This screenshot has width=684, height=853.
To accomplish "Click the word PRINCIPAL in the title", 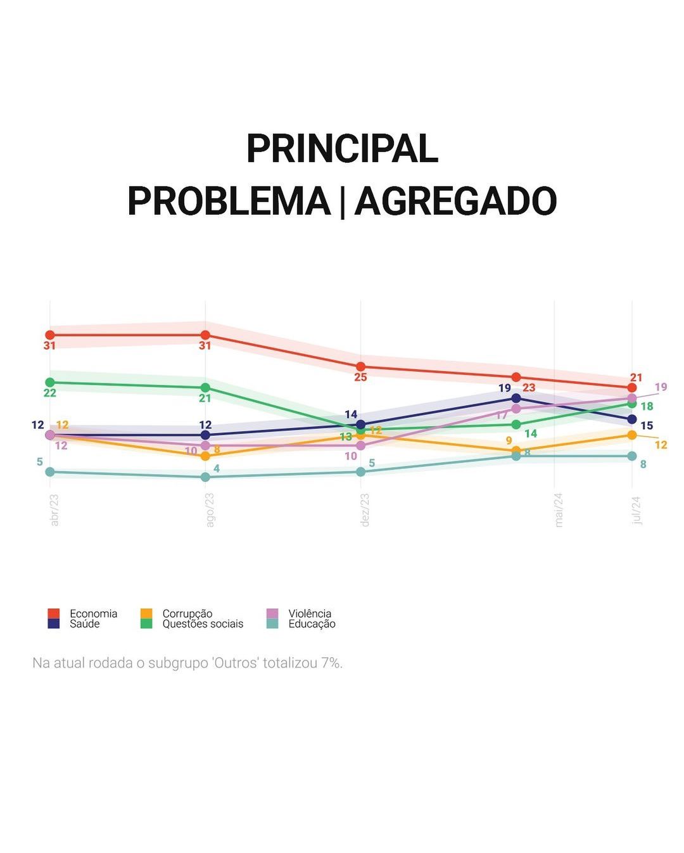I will tap(342, 149).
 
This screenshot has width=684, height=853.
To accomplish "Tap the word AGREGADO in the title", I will tap(455, 202).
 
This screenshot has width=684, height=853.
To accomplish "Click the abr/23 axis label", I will tap(54, 510).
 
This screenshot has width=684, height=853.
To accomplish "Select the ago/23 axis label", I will tap(210, 510).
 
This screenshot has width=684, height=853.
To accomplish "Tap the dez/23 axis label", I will tap(365, 510).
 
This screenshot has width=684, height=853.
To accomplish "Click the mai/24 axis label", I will tap(559, 510).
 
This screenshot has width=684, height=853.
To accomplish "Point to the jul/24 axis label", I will tap(636, 510).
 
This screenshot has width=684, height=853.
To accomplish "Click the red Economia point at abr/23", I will tap(50, 335).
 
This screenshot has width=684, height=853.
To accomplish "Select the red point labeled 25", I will tap(360, 366).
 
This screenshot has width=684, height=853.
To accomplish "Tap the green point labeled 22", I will tap(50, 382).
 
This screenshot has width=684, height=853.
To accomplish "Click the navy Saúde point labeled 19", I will tap(516, 398).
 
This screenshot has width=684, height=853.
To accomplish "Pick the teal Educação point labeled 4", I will tap(205, 477).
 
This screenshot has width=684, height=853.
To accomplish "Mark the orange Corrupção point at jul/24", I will tap(631, 435).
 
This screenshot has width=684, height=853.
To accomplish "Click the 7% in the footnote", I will tap(331, 663).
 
